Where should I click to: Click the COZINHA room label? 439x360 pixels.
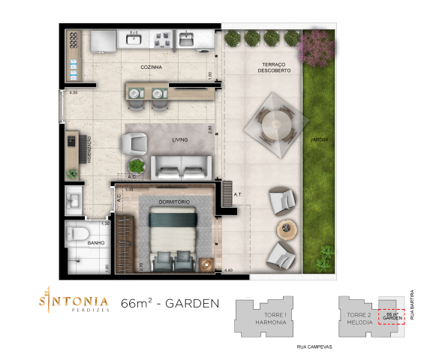tap(152, 67)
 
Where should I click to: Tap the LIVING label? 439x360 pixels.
tap(179, 139)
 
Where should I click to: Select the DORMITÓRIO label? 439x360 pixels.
tap(173, 202)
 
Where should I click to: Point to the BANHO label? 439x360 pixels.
tap(95, 243)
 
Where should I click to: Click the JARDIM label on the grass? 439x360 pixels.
tap(320, 139)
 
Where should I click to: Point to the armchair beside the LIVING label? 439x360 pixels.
tap(136, 141)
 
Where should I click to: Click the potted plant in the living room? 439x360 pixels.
tap(137, 166)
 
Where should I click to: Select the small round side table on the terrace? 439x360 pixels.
tap(287, 228)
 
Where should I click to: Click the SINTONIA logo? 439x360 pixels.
tap(74, 301)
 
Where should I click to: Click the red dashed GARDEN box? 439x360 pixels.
tap(392, 316)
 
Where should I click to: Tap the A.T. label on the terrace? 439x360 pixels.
tap(237, 195)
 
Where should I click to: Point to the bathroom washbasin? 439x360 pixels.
tap(74, 199)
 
